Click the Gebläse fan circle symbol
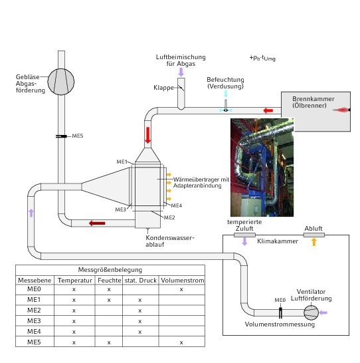click(x=61, y=82)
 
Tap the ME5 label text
click(x=78, y=136)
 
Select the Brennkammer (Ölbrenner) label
click(x=313, y=102)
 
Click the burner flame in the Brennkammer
click(x=341, y=110)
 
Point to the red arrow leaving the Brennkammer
click(x=268, y=110)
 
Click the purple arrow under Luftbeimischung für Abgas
click(x=181, y=72)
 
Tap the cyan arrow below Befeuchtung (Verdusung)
click(x=226, y=94)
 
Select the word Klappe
click(x=163, y=88)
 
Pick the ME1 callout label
click(x=122, y=162)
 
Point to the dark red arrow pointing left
click(x=97, y=223)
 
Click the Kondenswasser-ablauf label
click(x=170, y=241)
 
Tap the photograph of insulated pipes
click(x=262, y=168)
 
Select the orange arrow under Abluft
click(x=314, y=242)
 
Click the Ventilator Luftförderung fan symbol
click(x=311, y=312)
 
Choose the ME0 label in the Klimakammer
click(x=280, y=300)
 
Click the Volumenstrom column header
click(x=183, y=281)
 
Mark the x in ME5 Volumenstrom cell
click(x=181, y=342)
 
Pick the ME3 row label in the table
click(x=34, y=321)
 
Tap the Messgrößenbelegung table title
click(x=110, y=270)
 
